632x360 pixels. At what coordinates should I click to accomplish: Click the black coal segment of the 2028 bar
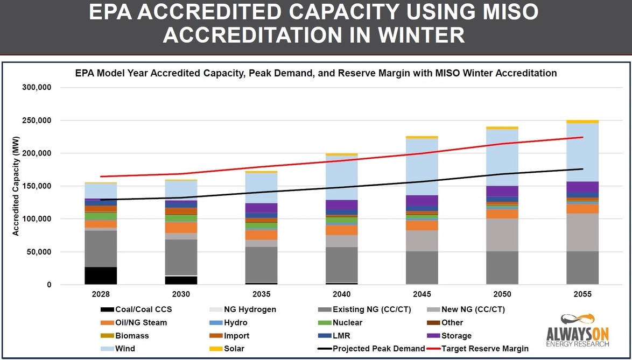coord(101,276)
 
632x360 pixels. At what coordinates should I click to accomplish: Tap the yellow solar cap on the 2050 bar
coord(502,128)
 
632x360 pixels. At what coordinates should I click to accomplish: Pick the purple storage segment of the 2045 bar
coord(422,200)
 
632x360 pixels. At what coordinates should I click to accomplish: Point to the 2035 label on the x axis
coord(261,294)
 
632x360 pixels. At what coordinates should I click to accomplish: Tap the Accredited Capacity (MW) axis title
coord(16,186)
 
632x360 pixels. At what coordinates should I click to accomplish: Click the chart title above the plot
coord(315,73)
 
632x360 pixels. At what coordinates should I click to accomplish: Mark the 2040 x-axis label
coord(342,294)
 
